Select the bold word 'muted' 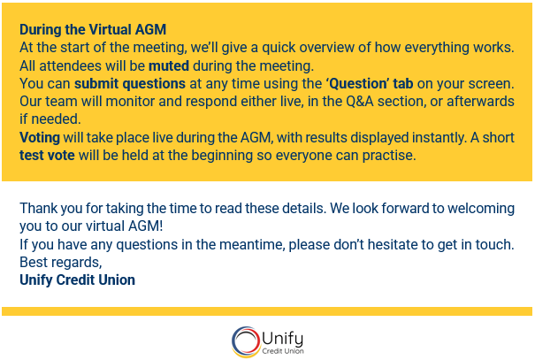pos(168,65)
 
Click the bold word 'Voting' pos(42,138)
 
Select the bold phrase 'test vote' pos(49,156)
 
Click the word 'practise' pos(389,156)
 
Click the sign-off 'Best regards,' pos(61,263)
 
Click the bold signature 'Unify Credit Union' pos(78,280)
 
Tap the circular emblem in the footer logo pos(245,341)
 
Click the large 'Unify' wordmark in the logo pos(283,337)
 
